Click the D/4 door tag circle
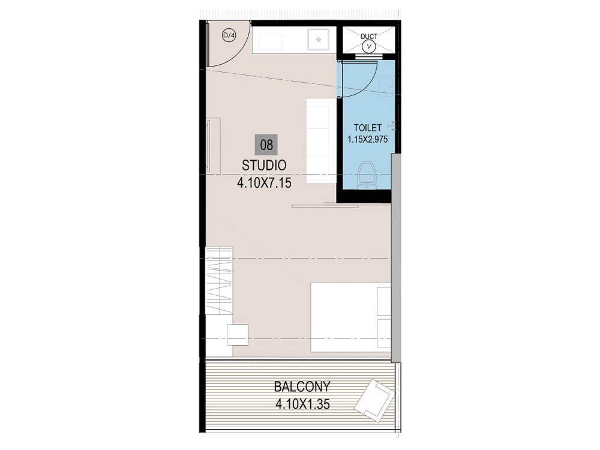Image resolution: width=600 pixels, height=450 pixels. pyautogui.click(x=229, y=35)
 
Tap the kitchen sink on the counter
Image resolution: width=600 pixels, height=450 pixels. pyautogui.click(x=317, y=40)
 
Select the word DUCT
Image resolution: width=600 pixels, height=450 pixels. pyautogui.click(x=369, y=37)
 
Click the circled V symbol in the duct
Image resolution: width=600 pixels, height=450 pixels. pyautogui.click(x=370, y=46)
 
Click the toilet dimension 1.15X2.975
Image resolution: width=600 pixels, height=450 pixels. pyautogui.click(x=368, y=139)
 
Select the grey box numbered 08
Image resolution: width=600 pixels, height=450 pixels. pyautogui.click(x=266, y=145)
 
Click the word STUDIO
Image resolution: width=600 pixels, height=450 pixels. pyautogui.click(x=264, y=164)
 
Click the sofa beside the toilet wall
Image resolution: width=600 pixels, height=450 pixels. pyautogui.click(x=320, y=141)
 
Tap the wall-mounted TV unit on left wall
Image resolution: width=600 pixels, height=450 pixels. pyautogui.click(x=214, y=146)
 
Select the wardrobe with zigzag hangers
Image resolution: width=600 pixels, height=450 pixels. pyautogui.click(x=219, y=280)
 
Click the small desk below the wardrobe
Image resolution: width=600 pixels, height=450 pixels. pyautogui.click(x=238, y=334)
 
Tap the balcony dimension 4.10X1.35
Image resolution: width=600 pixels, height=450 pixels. pyautogui.click(x=303, y=404)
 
